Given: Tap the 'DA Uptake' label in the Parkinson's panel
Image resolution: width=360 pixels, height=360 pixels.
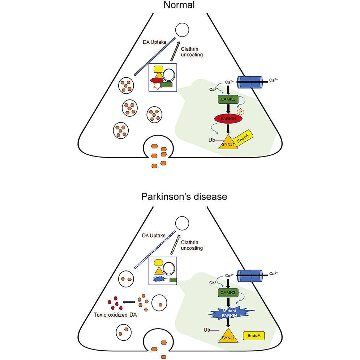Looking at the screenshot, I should click(x=153, y=236).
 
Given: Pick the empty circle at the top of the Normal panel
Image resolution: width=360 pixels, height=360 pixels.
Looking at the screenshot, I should click(x=183, y=31).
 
